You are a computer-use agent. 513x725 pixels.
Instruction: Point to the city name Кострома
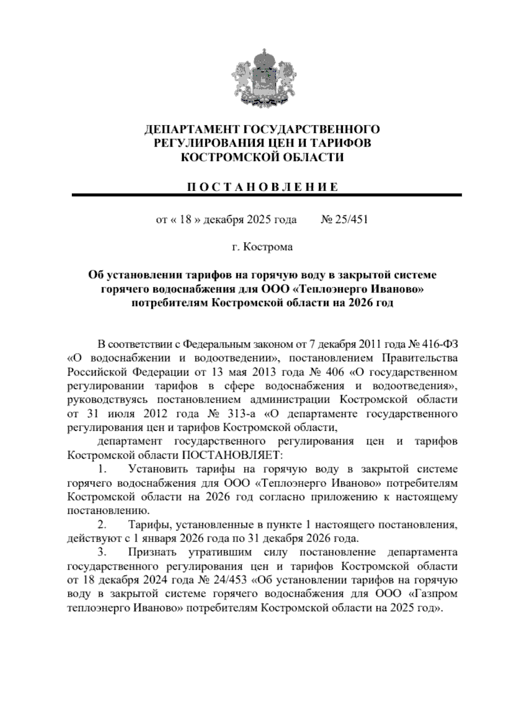tap(268, 247)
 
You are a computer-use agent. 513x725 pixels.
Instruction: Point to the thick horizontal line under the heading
tap(266, 195)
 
